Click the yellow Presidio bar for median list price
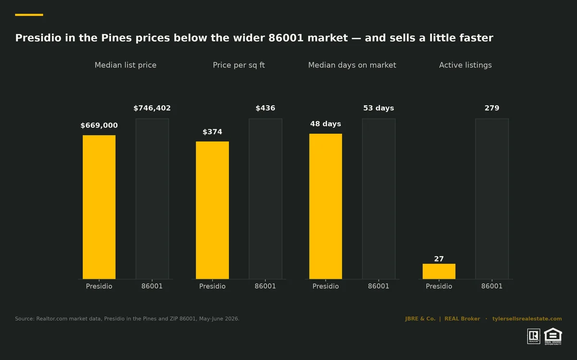click(x=99, y=207)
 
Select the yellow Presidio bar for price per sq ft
click(x=212, y=210)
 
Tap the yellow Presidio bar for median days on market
click(x=326, y=206)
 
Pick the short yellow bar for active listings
click(x=439, y=272)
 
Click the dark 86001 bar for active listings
click(x=492, y=199)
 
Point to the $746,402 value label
click(x=152, y=108)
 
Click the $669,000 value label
click(x=99, y=125)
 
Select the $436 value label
click(x=265, y=108)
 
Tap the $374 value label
click(x=212, y=132)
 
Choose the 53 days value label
click(x=379, y=108)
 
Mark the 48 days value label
click(x=326, y=124)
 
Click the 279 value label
click(x=492, y=108)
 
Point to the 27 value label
click(x=439, y=259)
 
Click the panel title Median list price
click(x=125, y=65)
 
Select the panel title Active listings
click(x=465, y=65)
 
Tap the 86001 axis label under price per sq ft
click(x=265, y=286)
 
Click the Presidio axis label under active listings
click(x=439, y=286)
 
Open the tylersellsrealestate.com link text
click(x=527, y=319)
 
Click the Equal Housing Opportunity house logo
click(x=553, y=336)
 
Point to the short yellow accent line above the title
click(x=29, y=15)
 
